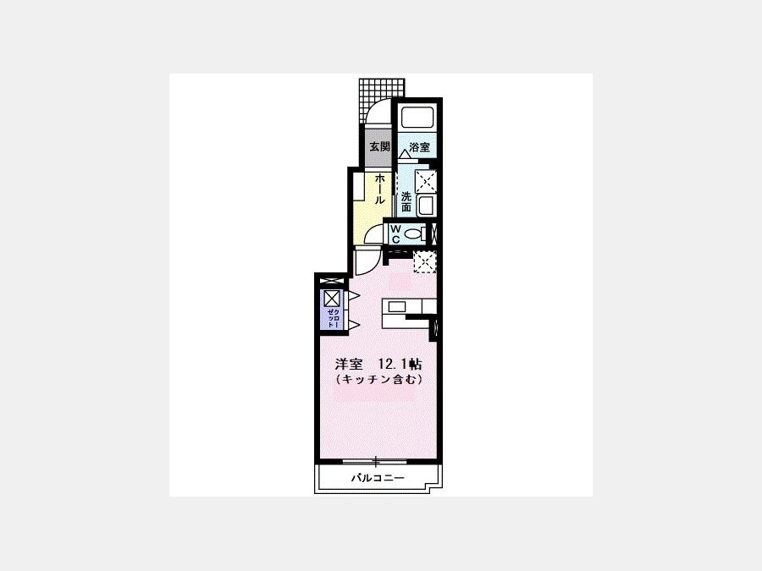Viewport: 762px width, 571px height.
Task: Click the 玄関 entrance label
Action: (x=379, y=146)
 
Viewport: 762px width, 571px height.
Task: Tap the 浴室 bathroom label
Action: (x=420, y=146)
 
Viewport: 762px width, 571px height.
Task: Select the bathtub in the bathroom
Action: (x=417, y=118)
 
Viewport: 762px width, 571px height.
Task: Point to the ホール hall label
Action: (x=380, y=189)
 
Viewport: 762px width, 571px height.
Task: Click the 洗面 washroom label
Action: (x=406, y=202)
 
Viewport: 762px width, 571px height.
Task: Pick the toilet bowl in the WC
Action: (x=413, y=234)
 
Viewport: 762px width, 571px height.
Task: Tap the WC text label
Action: (x=395, y=233)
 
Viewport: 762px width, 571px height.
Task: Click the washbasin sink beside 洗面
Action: (x=426, y=205)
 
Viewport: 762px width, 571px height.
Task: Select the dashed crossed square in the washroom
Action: (x=426, y=182)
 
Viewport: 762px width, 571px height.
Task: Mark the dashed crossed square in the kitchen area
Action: (x=425, y=262)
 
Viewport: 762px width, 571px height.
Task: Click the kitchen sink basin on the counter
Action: (x=396, y=306)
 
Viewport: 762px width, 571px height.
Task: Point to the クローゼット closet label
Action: (x=333, y=318)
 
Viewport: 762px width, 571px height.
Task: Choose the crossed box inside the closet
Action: (x=332, y=298)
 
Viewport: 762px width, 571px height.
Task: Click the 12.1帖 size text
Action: (x=400, y=364)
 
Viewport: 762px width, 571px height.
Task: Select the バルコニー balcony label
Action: (x=378, y=478)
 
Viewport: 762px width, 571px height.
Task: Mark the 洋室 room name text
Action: (x=349, y=364)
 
